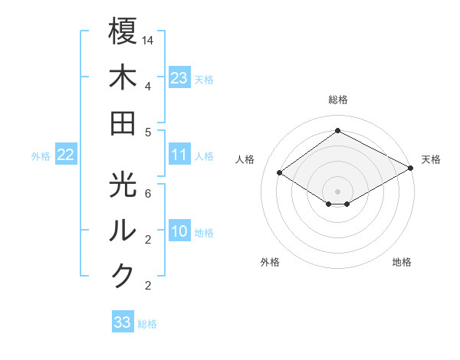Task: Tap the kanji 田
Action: coord(123,123)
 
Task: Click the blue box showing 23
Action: coord(179,77)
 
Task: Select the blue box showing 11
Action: coord(179,155)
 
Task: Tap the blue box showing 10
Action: coord(179,231)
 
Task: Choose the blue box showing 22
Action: coord(66,155)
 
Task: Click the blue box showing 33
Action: coord(123,322)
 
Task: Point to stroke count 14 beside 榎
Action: coord(148,39)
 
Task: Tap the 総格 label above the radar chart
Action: coord(338,100)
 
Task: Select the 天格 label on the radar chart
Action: coord(431,159)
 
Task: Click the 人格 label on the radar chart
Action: coord(245,159)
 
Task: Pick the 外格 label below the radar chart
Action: coord(270,262)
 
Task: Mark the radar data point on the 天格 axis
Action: coord(410,169)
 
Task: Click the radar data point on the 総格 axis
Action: coord(338,130)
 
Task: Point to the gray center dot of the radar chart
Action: coord(337,190)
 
